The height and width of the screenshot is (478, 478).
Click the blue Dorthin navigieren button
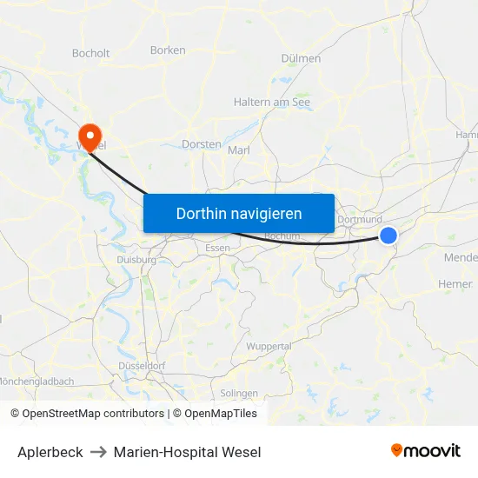(x=239, y=213)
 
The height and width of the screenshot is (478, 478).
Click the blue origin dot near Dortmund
(x=388, y=236)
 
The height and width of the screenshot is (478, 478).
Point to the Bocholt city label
(x=91, y=53)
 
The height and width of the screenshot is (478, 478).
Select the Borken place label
(x=168, y=50)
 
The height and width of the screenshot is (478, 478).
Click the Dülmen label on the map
(x=302, y=58)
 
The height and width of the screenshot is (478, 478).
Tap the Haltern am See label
(x=272, y=102)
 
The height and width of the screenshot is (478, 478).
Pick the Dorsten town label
(x=202, y=144)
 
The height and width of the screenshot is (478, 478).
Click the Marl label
(x=238, y=150)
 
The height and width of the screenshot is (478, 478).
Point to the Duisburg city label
(x=136, y=259)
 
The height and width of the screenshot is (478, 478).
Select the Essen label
(x=217, y=248)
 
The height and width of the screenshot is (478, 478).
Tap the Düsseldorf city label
(x=141, y=366)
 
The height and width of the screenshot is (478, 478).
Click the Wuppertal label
(x=269, y=346)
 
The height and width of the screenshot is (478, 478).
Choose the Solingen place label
(x=239, y=393)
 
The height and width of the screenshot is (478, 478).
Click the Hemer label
(x=455, y=284)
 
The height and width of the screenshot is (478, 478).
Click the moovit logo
(x=425, y=451)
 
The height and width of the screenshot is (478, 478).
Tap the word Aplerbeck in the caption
(x=50, y=452)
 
